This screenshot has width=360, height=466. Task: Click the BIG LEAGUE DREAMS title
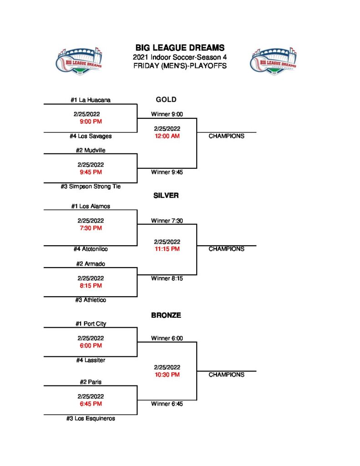click(x=180, y=48)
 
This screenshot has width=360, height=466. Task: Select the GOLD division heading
click(x=166, y=100)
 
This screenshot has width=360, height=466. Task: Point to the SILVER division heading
click(x=166, y=196)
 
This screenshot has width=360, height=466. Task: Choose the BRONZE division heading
click(x=166, y=315)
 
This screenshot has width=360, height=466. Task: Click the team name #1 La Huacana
click(x=91, y=100)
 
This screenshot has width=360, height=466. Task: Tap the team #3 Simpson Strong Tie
click(x=91, y=187)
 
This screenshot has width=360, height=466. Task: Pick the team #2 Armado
click(x=91, y=263)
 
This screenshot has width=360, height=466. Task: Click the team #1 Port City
click(x=91, y=324)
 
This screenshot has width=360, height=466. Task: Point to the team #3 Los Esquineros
click(x=91, y=418)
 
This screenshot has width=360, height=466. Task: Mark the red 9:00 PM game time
click(x=91, y=122)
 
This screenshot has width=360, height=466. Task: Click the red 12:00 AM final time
click(x=167, y=136)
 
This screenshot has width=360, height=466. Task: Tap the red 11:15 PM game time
click(x=167, y=249)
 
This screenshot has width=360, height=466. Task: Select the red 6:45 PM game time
click(x=91, y=404)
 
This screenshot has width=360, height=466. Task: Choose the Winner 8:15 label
click(x=167, y=279)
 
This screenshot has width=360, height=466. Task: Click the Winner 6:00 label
click(x=167, y=338)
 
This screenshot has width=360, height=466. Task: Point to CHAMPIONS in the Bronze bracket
click(x=226, y=375)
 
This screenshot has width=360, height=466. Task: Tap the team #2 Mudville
click(x=91, y=150)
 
